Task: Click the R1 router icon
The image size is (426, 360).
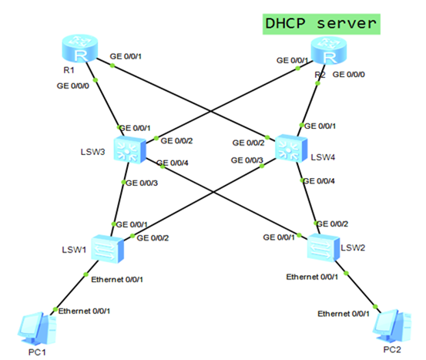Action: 78,51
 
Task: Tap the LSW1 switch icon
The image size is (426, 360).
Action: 103,246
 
